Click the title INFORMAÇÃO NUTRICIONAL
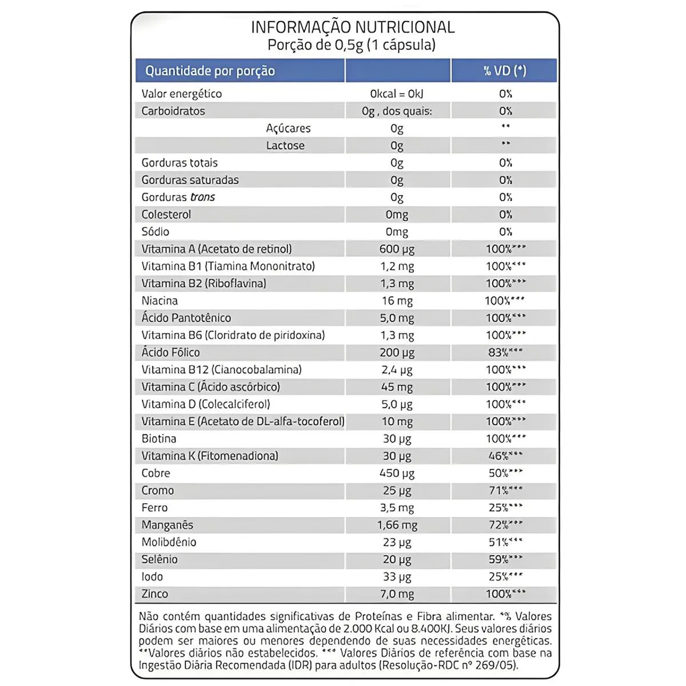click(x=353, y=27)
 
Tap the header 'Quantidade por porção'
click(x=210, y=71)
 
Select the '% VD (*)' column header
click(x=504, y=71)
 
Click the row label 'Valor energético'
click(x=182, y=94)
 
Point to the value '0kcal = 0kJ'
click(x=397, y=94)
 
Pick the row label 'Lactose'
click(x=285, y=145)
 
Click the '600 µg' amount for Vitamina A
click(x=397, y=249)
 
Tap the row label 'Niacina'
click(x=159, y=301)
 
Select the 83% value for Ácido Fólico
click(x=498, y=353)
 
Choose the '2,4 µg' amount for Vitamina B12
click(x=397, y=370)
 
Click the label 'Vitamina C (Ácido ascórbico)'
click(x=211, y=387)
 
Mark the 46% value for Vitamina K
click(x=498, y=456)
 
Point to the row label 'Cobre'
click(x=156, y=473)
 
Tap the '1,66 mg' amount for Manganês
click(x=397, y=525)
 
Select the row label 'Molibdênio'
click(x=169, y=542)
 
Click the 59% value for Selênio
click(x=498, y=560)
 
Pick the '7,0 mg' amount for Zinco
click(x=397, y=594)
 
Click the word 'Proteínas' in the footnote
click(x=378, y=616)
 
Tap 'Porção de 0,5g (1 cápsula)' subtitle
click(x=352, y=45)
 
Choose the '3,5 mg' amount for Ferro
click(x=397, y=508)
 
